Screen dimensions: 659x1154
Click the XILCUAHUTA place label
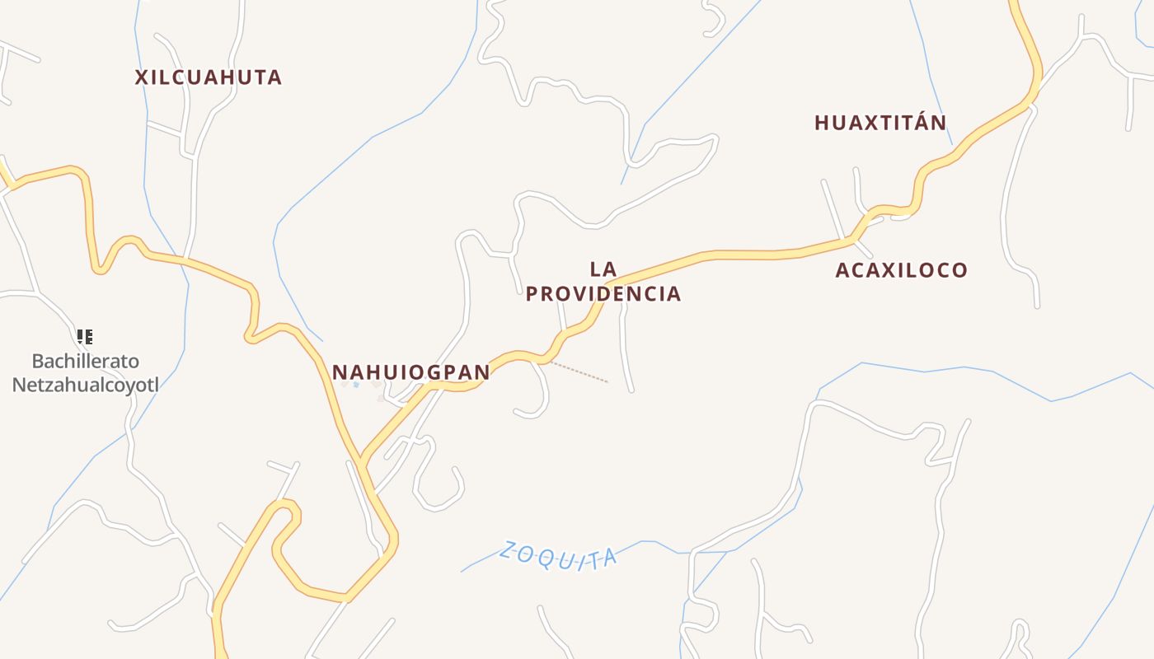click(209, 77)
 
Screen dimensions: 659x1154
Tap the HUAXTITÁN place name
click(880, 123)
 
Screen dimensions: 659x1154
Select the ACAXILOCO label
click(901, 270)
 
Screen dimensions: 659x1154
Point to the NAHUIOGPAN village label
click(410, 372)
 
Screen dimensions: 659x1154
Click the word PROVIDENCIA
click(603, 294)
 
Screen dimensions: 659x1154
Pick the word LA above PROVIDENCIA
click(603, 269)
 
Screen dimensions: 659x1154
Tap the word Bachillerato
click(86, 361)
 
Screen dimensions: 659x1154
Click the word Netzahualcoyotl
click(86, 384)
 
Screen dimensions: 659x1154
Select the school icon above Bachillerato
click(85, 336)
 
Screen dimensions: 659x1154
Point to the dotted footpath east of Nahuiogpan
click(579, 372)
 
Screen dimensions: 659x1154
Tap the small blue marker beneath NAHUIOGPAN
click(356, 385)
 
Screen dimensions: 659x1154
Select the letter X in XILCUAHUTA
click(142, 77)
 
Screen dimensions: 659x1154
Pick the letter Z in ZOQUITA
click(506, 547)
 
